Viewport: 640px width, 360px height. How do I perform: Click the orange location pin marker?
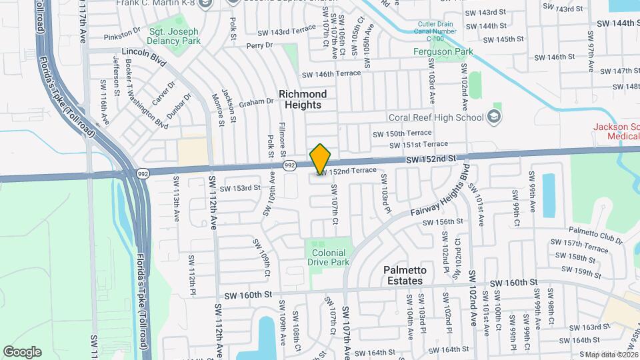[x=321, y=159]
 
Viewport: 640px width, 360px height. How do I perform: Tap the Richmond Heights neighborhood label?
[x=303, y=99]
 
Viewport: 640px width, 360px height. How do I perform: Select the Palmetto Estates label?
[x=403, y=275]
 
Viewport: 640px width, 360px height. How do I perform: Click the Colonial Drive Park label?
[x=328, y=257]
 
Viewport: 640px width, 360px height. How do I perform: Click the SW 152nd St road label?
[x=431, y=158]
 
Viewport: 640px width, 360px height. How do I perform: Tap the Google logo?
[x=22, y=351]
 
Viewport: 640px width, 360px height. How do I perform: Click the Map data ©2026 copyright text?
[x=608, y=354]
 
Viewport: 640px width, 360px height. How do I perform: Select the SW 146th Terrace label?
[x=331, y=74]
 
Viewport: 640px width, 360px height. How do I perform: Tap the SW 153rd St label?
[x=240, y=188]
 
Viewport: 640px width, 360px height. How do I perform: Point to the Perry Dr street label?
[x=260, y=45]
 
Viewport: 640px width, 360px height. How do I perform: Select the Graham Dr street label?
[x=257, y=102]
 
